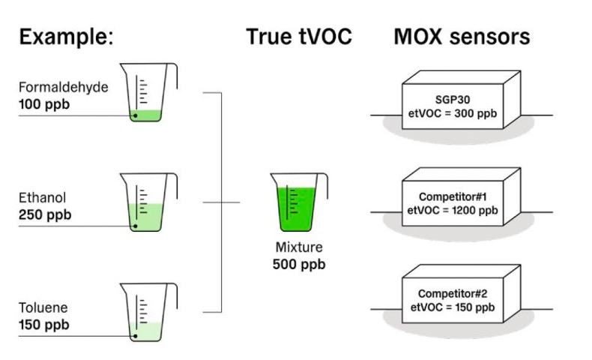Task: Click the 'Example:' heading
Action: pyautogui.click(x=67, y=37)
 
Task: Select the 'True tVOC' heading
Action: pyautogui.click(x=299, y=37)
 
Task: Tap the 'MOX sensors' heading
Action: pyautogui.click(x=462, y=37)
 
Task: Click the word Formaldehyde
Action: pyautogui.click(x=64, y=88)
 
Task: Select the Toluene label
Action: pyautogui.click(x=43, y=309)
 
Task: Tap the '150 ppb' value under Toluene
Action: pyautogui.click(x=45, y=325)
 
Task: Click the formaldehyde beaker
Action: pyautogui.click(x=151, y=93)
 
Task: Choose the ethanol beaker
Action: pyautogui.click(x=151, y=203)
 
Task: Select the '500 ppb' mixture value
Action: pyautogui.click(x=298, y=265)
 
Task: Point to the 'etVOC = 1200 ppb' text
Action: pyautogui.click(x=453, y=211)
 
